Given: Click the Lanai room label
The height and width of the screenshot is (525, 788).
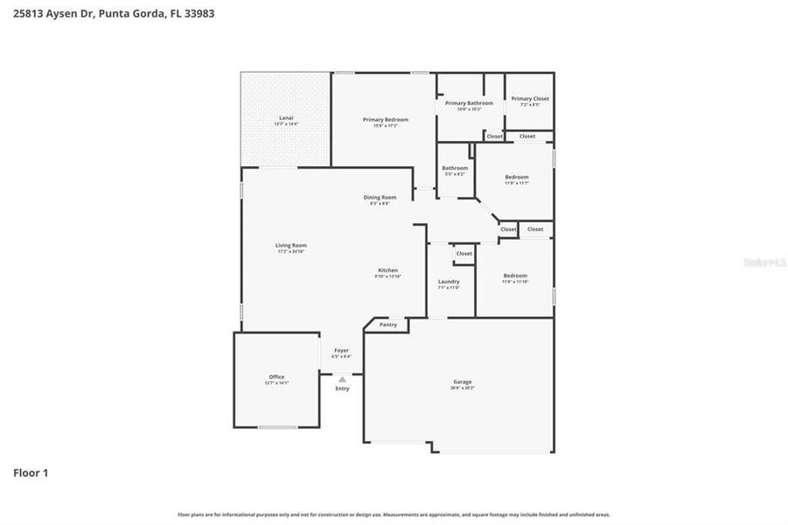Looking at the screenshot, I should (x=286, y=117).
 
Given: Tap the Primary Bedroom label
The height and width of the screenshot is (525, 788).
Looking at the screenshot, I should (x=386, y=119).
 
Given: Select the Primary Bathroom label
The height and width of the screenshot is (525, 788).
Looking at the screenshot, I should (x=469, y=103).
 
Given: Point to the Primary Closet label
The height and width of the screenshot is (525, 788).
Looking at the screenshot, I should (x=529, y=99).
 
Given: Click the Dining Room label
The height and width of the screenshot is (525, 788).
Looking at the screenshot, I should (x=380, y=197).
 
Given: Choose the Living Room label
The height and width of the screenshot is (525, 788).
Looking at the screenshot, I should (x=291, y=245).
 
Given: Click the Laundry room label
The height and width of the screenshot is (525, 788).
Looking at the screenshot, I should (x=449, y=282).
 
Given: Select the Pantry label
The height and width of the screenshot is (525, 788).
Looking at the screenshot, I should (x=388, y=325).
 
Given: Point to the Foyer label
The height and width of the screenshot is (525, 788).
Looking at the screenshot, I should (x=341, y=350).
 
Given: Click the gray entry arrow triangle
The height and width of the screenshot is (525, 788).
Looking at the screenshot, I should (x=342, y=379).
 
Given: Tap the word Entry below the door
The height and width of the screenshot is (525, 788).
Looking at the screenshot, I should (x=342, y=388).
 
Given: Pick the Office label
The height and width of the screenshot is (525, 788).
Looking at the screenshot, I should (x=276, y=377).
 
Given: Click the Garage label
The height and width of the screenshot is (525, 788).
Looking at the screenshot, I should (x=463, y=381).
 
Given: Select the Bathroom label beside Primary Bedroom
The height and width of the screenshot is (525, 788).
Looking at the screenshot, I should (x=455, y=168).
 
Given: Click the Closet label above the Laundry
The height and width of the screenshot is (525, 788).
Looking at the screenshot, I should (x=464, y=254).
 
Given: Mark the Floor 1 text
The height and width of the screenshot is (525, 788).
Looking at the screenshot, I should (x=31, y=473).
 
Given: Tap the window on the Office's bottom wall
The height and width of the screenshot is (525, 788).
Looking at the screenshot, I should (x=276, y=427).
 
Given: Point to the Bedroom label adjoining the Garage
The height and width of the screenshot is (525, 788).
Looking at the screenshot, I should (x=515, y=276).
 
